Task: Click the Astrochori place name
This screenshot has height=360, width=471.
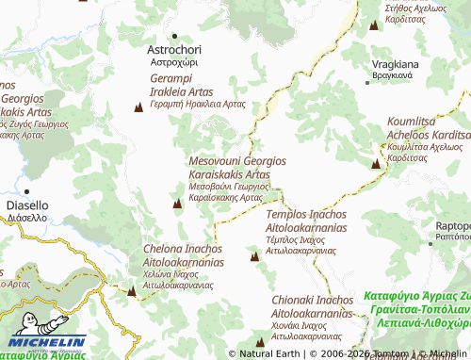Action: click(174, 49)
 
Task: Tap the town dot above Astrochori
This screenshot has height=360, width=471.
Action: click(174, 36)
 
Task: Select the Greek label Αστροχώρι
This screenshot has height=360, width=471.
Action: click(174, 63)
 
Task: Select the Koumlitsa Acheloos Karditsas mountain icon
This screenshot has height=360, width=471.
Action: click(376, 163)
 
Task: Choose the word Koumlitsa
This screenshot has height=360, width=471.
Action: click(413, 123)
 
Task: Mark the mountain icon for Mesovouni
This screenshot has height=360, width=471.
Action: click(177, 203)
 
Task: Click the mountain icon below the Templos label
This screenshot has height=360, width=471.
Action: click(254, 255)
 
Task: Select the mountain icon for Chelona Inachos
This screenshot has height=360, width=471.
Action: click(131, 290)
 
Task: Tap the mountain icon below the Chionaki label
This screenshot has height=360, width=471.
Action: click(260, 341)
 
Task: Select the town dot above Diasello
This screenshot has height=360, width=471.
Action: click(13, 189)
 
